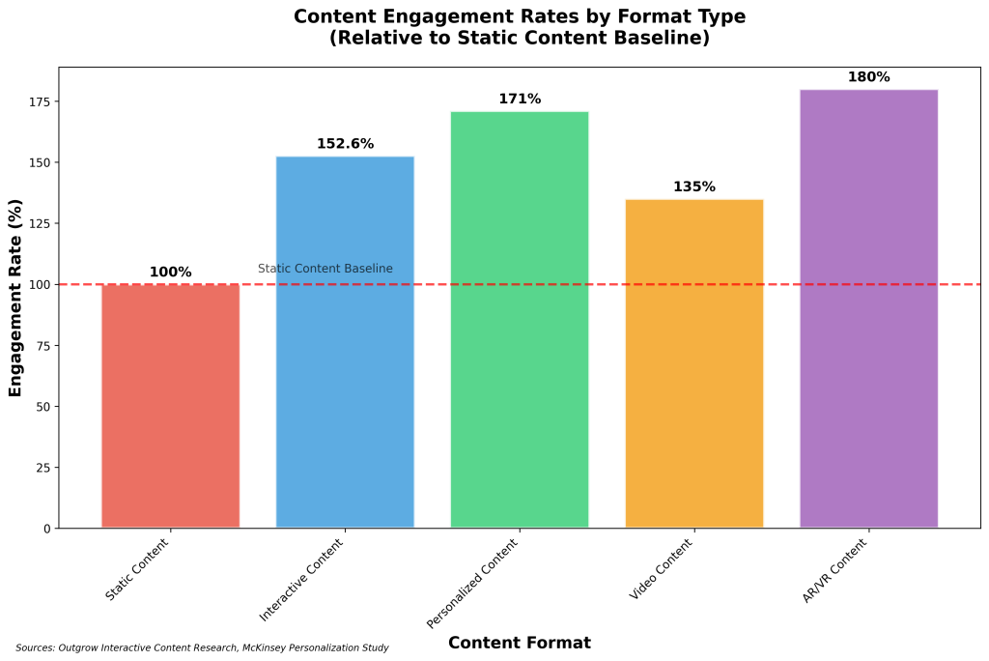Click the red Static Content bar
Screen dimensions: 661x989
click(170, 406)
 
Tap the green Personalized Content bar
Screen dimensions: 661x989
click(520, 320)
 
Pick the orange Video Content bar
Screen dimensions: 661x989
click(694, 363)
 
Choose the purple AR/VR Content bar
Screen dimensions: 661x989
click(869, 308)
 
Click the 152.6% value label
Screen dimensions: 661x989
click(345, 144)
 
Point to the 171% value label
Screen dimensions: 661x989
click(520, 100)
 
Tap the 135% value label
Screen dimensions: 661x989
click(694, 187)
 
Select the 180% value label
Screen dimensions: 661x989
click(869, 77)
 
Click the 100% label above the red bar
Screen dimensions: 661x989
click(170, 273)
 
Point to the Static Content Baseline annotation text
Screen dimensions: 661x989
click(325, 269)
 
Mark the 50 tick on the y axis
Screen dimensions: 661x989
click(43, 407)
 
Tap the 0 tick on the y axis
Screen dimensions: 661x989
click(47, 529)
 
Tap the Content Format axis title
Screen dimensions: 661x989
click(520, 643)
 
